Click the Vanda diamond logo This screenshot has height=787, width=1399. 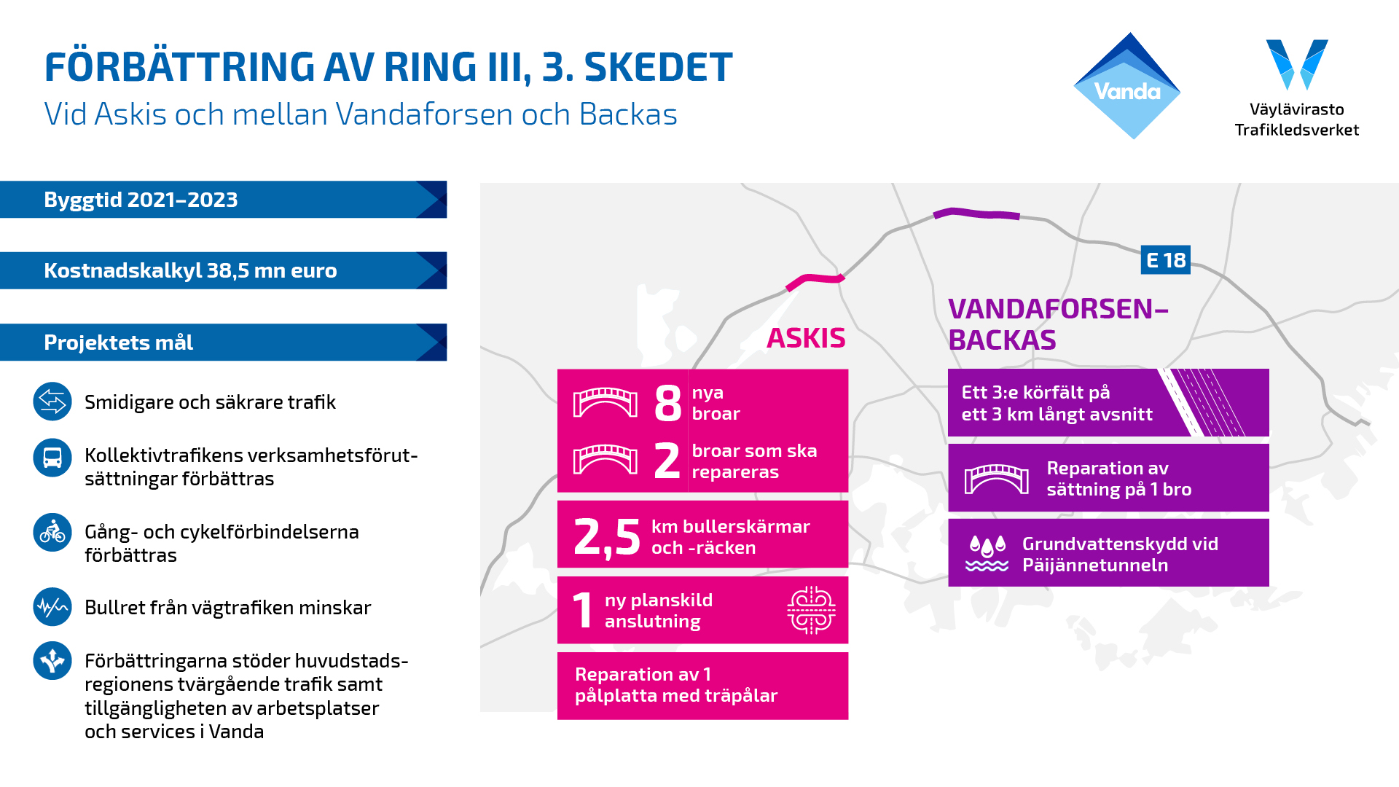tap(1127, 86)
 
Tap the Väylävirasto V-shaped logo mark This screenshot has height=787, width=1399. tap(1297, 64)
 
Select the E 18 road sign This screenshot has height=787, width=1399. tap(1165, 260)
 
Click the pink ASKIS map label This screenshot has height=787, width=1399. tap(806, 338)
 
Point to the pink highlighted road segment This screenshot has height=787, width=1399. tap(815, 278)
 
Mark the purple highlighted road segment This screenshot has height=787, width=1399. tap(976, 213)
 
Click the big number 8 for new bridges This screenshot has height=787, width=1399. tap(667, 403)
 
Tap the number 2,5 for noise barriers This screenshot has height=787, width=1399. tap(607, 537)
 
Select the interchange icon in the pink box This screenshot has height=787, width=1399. tap(811, 610)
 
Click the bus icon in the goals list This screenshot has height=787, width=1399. tap(52, 458)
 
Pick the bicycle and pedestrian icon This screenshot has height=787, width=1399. tap(52, 532)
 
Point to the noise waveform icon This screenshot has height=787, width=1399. tap(52, 607)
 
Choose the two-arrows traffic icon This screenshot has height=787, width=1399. tap(52, 402)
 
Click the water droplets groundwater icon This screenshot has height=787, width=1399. tap(987, 553)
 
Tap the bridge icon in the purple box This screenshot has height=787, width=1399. tap(997, 479)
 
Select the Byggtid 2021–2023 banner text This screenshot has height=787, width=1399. tap(141, 200)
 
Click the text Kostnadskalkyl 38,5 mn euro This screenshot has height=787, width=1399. tap(190, 270)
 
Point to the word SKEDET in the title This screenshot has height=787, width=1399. tap(658, 67)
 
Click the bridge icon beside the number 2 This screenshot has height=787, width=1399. tap(606, 460)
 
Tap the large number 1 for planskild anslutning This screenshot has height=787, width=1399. tap(583, 610)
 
